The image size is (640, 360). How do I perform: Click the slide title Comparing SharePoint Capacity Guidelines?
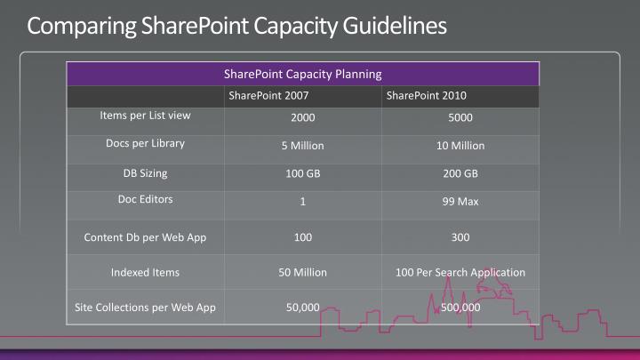click(236, 26)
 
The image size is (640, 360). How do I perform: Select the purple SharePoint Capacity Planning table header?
click(303, 74)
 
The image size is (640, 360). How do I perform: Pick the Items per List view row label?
click(145, 116)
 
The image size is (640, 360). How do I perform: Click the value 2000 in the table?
click(302, 117)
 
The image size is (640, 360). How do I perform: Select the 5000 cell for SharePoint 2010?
click(460, 117)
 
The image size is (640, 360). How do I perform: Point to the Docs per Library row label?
click(145, 143)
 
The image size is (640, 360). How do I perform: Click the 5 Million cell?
click(302, 146)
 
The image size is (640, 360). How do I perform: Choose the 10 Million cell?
click(460, 146)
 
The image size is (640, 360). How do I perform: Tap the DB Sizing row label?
click(145, 172)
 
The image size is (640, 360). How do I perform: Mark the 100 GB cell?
click(302, 173)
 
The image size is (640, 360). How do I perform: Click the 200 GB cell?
click(460, 173)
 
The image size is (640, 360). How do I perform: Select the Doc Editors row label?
click(145, 199)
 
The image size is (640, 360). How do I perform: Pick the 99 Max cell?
click(460, 202)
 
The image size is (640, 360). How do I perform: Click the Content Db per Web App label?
click(145, 237)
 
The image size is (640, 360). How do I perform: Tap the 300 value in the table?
click(460, 237)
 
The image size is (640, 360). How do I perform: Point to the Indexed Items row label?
click(145, 272)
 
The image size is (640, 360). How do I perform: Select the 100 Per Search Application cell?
click(460, 272)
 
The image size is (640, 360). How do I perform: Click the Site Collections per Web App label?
click(145, 308)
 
